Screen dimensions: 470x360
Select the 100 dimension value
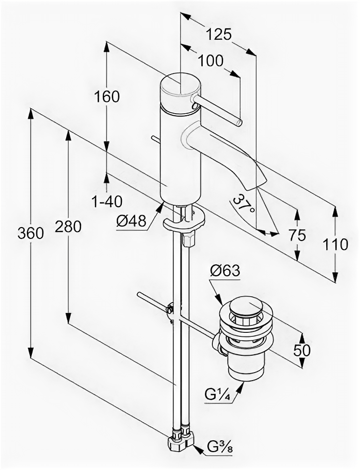[x=210, y=61]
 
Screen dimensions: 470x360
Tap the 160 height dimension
[x=107, y=96]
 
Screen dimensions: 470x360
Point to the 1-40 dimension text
[x=106, y=201]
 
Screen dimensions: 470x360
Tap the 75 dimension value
[x=297, y=235]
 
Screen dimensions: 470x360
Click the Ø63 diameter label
[x=225, y=271]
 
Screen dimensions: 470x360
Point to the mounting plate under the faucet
[x=183, y=222]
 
